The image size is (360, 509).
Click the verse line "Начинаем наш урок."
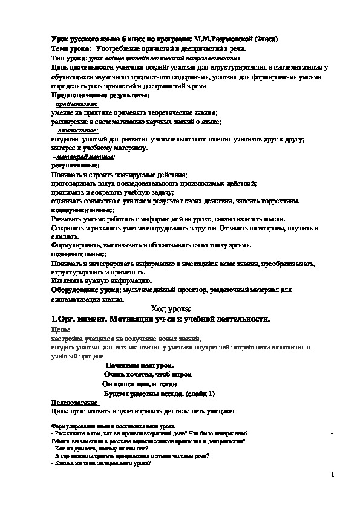(139, 365)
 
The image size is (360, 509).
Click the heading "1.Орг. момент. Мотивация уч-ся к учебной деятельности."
(160, 319)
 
